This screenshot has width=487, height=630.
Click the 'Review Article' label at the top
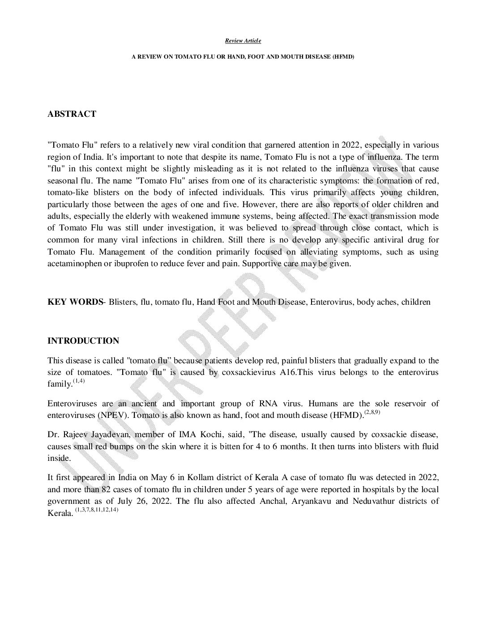tap(243, 41)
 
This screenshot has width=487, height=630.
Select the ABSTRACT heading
tap(72, 114)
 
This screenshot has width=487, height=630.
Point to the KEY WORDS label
tap(75, 302)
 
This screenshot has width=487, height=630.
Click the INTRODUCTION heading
tap(83, 341)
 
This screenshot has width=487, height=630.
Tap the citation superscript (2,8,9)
tap(372, 412)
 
